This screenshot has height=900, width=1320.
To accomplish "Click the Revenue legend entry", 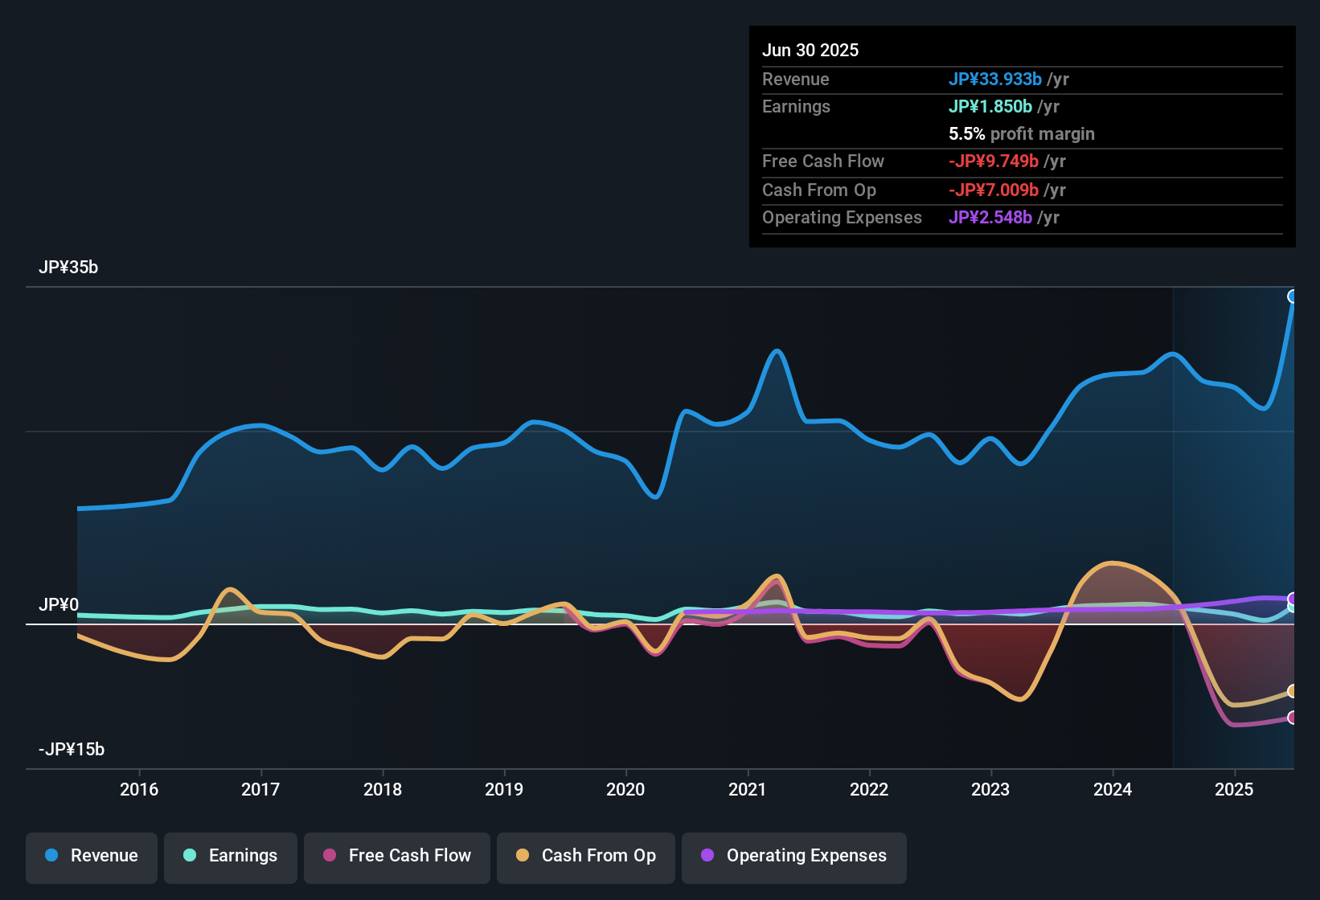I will coord(92,856).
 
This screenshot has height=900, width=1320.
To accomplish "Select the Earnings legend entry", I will coord(231,856).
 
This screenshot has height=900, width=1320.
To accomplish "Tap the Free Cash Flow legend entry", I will coord(397,856).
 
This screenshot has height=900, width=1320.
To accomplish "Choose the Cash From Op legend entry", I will coord(586,856).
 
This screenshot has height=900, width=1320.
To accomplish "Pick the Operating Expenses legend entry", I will coord(794,856).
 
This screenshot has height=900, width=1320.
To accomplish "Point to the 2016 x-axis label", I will coord(139,790).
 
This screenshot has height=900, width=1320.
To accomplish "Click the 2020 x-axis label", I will coord(625,790).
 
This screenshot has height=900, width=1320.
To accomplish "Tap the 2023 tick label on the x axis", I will coord(990,790).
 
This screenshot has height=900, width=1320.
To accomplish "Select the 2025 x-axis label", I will coord(1234,790).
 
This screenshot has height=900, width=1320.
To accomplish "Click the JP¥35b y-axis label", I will coord(68,268).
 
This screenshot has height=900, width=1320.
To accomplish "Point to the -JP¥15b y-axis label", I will coord(72,750).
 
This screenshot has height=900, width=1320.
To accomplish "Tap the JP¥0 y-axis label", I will coord(59,605).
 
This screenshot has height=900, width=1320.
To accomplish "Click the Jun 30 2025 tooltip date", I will coord(810,51).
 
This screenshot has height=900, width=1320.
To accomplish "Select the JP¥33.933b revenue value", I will coord(995,80).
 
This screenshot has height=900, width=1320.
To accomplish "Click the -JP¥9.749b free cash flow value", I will coord(994,162).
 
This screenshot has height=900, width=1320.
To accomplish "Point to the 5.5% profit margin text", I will coord(1022,134).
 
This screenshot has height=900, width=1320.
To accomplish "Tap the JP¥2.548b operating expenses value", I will coord(990,218).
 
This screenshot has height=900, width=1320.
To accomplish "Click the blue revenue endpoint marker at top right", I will coord(1293,297).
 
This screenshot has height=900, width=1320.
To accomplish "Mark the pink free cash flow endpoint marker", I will coord(1293,718).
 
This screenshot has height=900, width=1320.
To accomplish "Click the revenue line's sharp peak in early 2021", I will coord(777,351).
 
